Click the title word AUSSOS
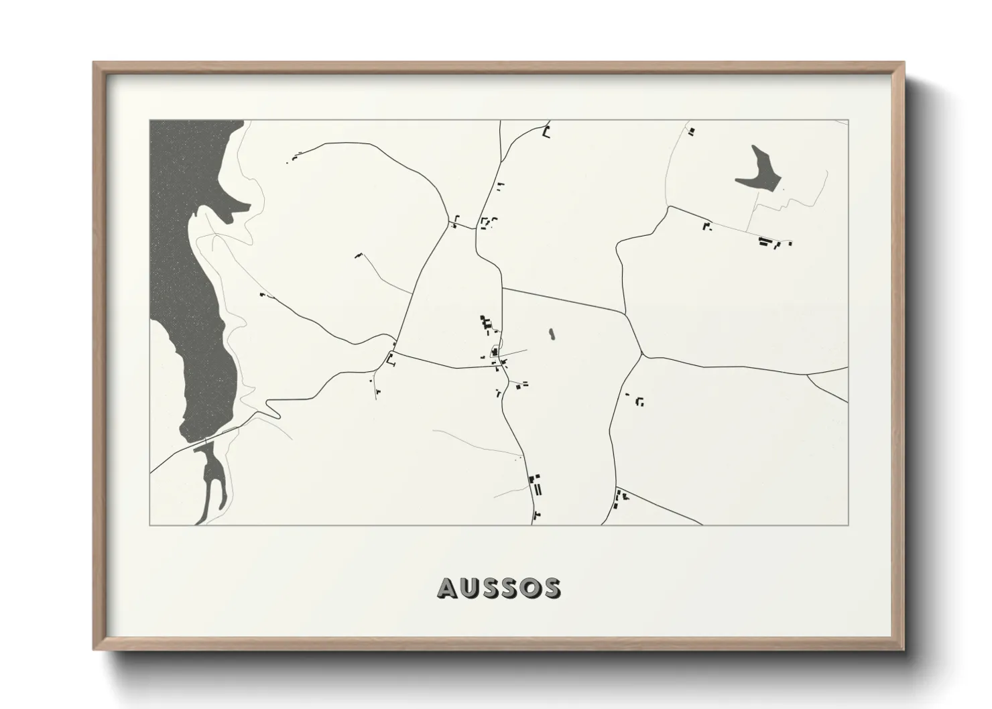[x=499, y=588]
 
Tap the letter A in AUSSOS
[x=448, y=588]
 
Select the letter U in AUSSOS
[x=469, y=588]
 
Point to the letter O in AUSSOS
[x=530, y=588]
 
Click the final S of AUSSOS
[x=551, y=588]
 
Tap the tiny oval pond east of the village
[x=552, y=332]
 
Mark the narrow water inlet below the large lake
[x=213, y=482]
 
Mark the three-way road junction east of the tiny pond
[x=642, y=355]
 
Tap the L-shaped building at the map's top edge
[x=546, y=133]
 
